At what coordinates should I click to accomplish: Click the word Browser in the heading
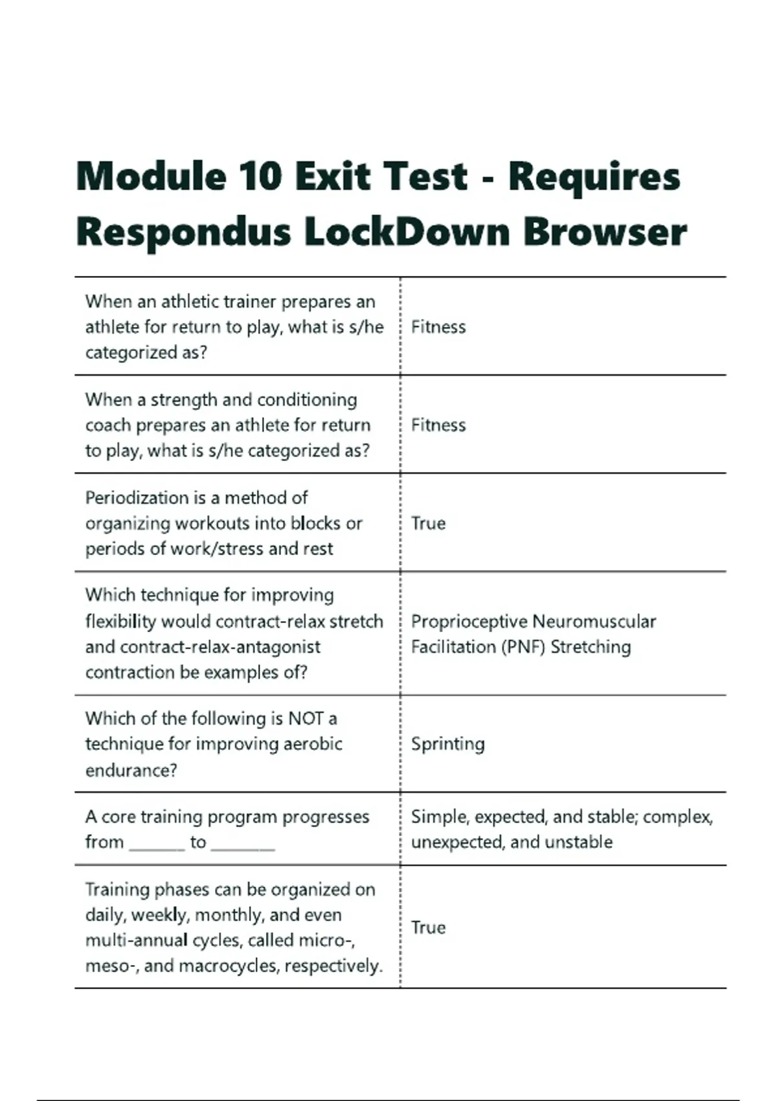click(x=605, y=232)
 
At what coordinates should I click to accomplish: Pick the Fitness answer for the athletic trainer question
click(x=438, y=327)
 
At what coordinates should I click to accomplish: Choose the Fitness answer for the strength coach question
click(x=438, y=426)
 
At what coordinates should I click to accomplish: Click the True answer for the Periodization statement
click(x=428, y=523)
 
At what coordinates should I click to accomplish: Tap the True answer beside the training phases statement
click(x=428, y=927)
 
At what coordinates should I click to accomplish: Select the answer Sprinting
click(x=447, y=744)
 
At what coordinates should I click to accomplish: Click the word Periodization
click(x=137, y=498)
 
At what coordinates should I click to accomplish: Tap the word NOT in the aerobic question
click(x=306, y=719)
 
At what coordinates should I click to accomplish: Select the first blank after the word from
click(x=157, y=843)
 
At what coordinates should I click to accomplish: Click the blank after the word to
click(x=243, y=843)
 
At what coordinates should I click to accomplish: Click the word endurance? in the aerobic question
click(x=131, y=770)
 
